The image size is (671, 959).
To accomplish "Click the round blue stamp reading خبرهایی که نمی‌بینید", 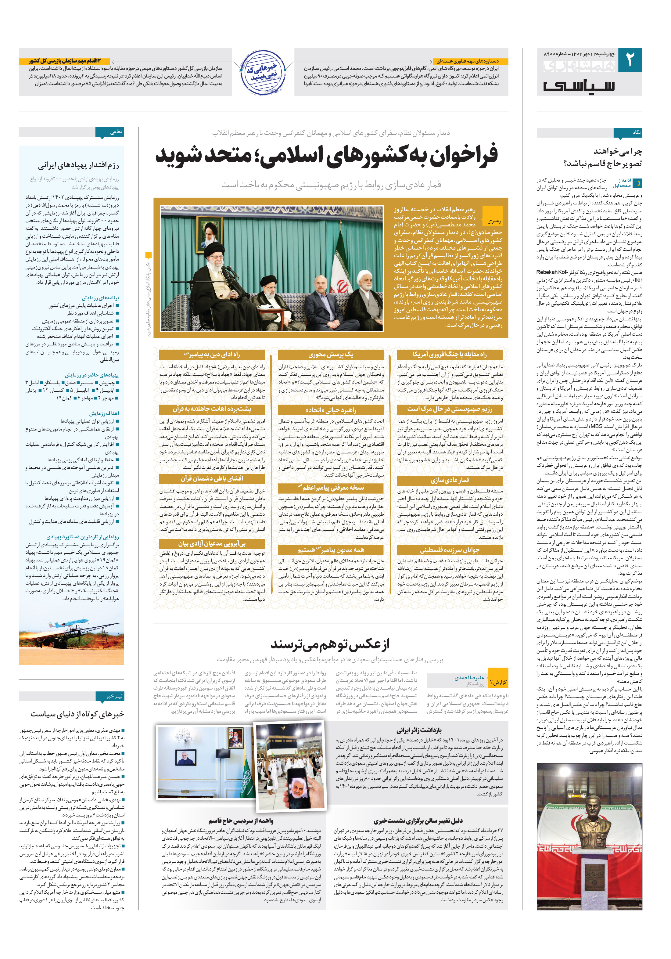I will pos(263,72).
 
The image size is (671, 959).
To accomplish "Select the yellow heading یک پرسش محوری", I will pos(330,355).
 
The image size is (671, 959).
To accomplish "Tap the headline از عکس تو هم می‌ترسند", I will pos(330,644).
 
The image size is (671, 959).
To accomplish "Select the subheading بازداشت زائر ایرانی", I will pos(419,730).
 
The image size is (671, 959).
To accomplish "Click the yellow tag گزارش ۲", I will pos(498,682).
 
